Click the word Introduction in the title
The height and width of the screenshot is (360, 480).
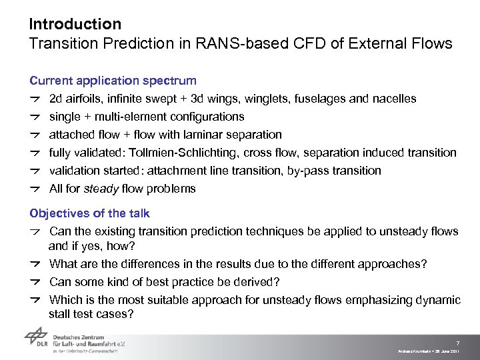coord(75,25)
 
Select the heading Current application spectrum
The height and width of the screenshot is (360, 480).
coord(113,81)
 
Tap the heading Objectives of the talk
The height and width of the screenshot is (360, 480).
coord(89,213)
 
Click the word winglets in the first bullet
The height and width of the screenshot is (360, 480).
coord(301,99)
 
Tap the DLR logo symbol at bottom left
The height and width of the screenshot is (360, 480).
coord(37,342)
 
